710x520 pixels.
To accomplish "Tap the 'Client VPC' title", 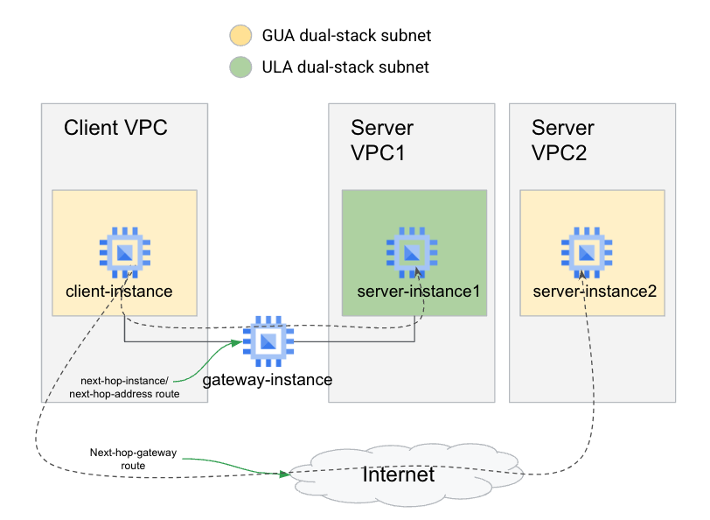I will point(115,128).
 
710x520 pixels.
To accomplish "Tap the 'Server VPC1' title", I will point(382,140).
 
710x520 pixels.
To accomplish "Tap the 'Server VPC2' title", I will point(563,140).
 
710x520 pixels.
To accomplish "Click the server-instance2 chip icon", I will point(587,252).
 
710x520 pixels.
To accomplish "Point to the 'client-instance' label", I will point(119,290).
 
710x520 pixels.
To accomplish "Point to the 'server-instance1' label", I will point(419,290).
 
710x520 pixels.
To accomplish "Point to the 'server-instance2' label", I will point(595,290).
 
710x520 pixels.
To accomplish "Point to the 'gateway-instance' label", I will point(268,380).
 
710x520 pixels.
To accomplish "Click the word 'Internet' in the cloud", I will point(398,474).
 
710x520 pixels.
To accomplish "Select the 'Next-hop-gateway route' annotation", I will point(133,460).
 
